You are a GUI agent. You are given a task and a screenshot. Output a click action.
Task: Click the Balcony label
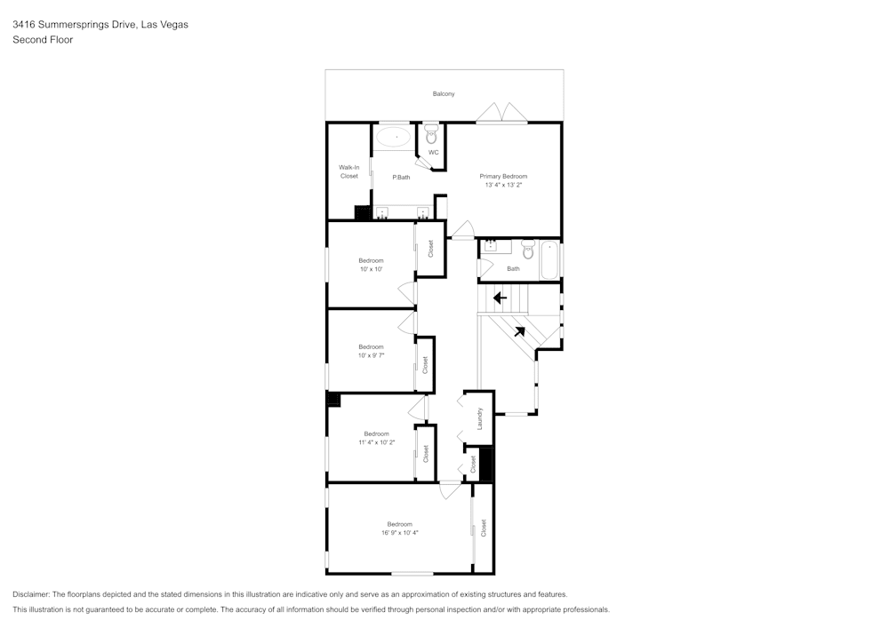pyautogui.click(x=444, y=93)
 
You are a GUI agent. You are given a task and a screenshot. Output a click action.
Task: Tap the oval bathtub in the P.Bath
pyautogui.click(x=393, y=137)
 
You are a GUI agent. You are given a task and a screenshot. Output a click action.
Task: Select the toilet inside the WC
pyautogui.click(x=432, y=136)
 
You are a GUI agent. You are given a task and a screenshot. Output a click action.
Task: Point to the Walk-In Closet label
pyautogui.click(x=349, y=171)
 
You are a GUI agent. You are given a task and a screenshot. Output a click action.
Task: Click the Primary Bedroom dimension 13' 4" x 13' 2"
pyautogui.click(x=503, y=185)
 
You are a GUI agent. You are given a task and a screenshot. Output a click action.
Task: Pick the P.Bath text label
pyautogui.click(x=401, y=177)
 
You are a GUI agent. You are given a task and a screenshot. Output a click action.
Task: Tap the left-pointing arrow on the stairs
pyautogui.click(x=500, y=298)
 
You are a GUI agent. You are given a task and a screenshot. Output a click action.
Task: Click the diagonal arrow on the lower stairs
pyautogui.click(x=518, y=331)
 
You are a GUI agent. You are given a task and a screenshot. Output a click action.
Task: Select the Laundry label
pyautogui.click(x=479, y=417)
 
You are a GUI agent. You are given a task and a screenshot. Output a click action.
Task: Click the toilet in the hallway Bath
pyautogui.click(x=527, y=251)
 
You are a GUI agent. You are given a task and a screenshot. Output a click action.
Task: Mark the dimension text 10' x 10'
pyautogui.click(x=371, y=268)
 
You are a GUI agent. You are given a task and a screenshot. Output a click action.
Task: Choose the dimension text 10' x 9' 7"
pyautogui.click(x=371, y=354)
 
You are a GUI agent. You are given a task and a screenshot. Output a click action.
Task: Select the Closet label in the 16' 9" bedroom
pyautogui.click(x=484, y=529)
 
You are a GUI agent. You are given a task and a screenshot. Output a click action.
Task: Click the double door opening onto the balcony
pyautogui.click(x=502, y=113)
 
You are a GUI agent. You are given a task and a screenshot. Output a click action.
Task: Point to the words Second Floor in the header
pyautogui.click(x=43, y=40)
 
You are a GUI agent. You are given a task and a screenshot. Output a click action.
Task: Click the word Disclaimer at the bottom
pyautogui.click(x=31, y=594)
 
